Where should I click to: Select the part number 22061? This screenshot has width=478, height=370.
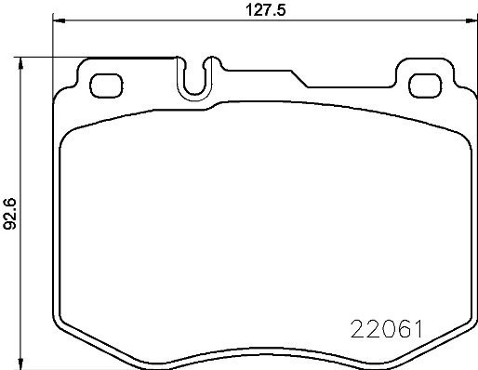388,328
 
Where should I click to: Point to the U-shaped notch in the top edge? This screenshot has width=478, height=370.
195,79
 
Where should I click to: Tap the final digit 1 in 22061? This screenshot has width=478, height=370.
419,328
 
